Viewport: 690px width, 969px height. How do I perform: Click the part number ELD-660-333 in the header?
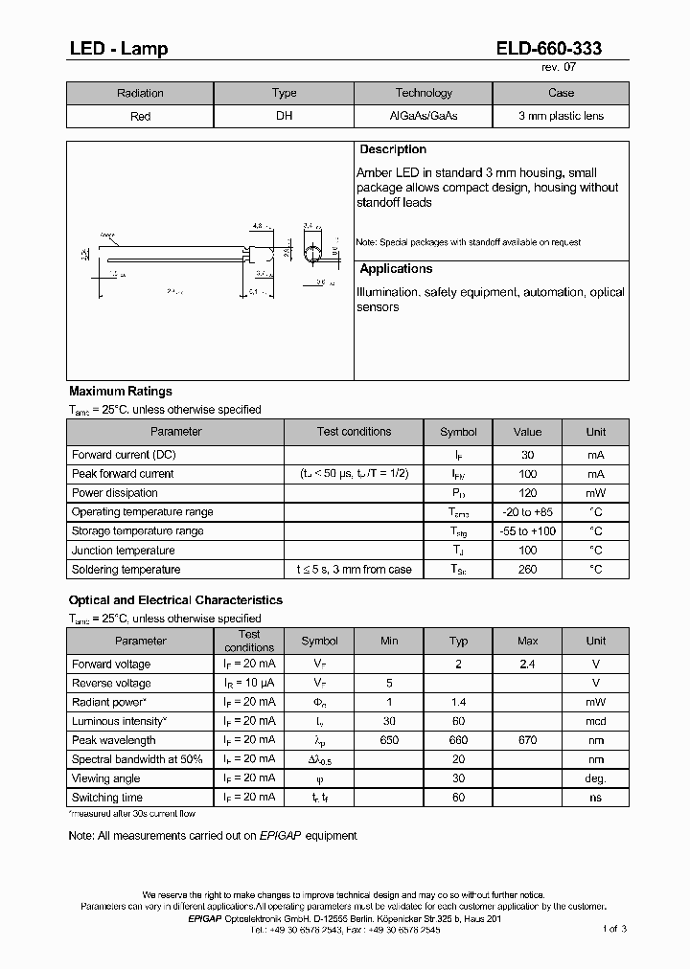549,49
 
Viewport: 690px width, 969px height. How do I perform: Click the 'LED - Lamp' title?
118,49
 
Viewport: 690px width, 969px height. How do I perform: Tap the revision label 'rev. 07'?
559,68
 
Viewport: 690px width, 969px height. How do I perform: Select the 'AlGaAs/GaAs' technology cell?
423,116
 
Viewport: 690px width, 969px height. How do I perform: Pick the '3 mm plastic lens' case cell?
561,116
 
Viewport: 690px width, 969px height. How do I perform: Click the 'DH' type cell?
284,116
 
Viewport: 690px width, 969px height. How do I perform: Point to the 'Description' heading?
393,149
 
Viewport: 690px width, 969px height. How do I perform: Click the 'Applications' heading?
396,269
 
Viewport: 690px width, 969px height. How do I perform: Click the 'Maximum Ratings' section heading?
121,391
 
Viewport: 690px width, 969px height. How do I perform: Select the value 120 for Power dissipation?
527,493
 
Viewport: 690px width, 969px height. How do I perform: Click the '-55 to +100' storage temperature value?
527,531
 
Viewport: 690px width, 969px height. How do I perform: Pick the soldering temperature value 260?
527,570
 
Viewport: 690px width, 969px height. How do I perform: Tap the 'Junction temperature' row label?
123,551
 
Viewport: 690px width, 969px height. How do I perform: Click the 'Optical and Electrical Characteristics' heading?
175,599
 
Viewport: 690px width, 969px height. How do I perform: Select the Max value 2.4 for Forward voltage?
527,664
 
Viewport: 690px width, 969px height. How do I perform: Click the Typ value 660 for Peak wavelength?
458,740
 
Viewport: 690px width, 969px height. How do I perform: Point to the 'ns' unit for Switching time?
596,798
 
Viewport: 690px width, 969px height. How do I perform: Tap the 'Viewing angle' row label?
105,778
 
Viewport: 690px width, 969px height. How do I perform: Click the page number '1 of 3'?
614,929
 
